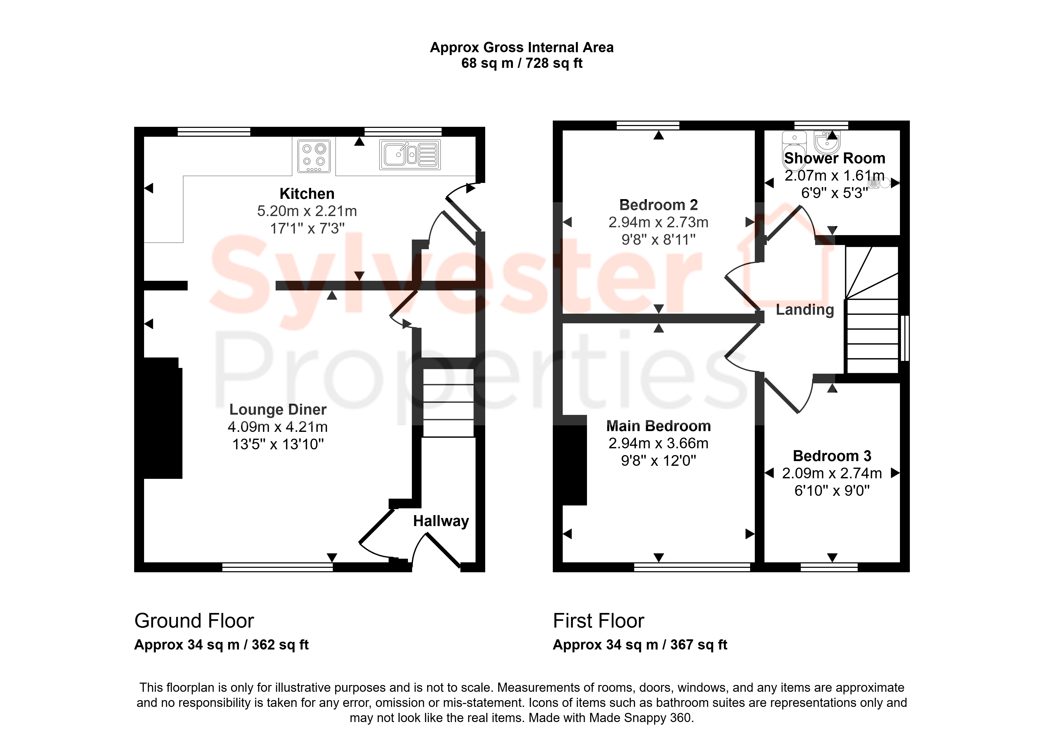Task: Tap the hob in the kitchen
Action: (x=314, y=156)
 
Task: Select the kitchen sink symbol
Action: (x=410, y=154)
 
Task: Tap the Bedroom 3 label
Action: (x=832, y=456)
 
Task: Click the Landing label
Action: (x=805, y=310)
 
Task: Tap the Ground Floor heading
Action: (x=194, y=621)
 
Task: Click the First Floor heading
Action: (x=598, y=621)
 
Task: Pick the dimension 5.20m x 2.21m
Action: (x=307, y=211)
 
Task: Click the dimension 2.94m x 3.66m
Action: (x=658, y=443)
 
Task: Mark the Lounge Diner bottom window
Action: (x=277, y=568)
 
